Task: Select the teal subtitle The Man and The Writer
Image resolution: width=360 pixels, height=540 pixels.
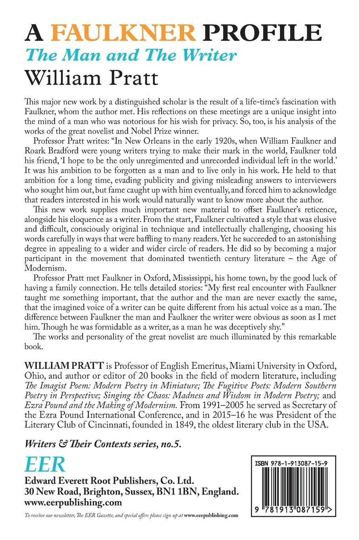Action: pos(131,55)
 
